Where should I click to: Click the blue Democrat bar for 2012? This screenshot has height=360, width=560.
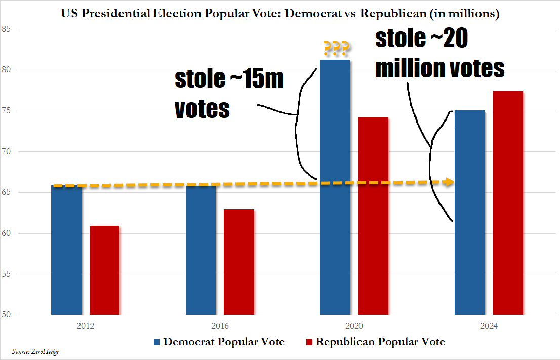click(66, 253)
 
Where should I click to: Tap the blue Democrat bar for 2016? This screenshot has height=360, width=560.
click(201, 253)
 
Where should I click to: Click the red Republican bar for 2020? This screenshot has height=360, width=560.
click(373, 218)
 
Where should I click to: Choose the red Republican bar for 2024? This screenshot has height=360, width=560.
click(507, 203)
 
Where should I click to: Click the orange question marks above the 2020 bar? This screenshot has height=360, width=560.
click(335, 49)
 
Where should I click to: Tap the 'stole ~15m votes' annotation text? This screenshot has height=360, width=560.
click(229, 94)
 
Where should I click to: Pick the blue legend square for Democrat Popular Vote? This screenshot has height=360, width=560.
click(157, 342)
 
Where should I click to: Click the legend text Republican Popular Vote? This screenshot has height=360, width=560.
click(380, 342)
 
